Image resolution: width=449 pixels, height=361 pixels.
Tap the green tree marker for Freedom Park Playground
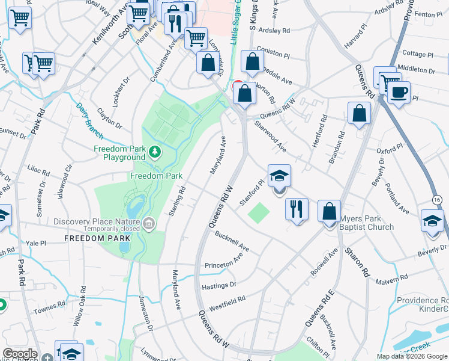pyautogui.click(x=155, y=152)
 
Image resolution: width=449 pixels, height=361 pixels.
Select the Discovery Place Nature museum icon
pyautogui.click(x=149, y=224)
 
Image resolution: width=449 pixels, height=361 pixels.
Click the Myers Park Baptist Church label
pyautogui.click(x=366, y=223)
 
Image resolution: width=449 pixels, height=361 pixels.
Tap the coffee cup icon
pyautogui.click(x=398, y=93)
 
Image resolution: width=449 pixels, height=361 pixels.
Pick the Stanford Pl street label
pyautogui.click(x=252, y=192)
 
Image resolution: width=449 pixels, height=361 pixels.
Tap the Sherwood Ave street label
pyautogui.click(x=270, y=136)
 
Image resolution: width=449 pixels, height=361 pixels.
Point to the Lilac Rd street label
pyautogui.click(x=38, y=169)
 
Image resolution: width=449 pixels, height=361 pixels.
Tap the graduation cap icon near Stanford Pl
pyautogui.click(x=279, y=176)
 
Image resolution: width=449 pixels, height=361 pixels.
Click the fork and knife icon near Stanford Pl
pyautogui.click(x=297, y=209)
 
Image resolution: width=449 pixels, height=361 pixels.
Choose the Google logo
pyautogui.click(x=20, y=354)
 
